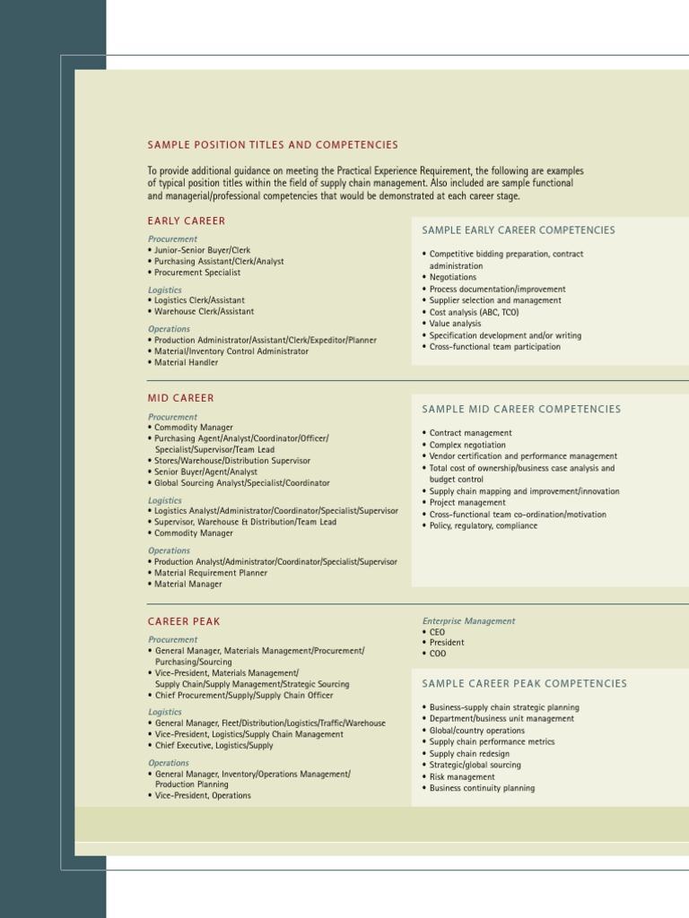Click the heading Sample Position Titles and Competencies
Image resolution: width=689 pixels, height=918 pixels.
[x=273, y=145]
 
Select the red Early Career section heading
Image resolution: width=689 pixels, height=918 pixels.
[x=187, y=221]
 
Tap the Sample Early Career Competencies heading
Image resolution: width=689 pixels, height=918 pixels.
[x=519, y=230]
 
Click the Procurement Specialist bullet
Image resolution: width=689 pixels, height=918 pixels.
[x=197, y=273]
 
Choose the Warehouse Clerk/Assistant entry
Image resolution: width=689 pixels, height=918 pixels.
[x=204, y=312]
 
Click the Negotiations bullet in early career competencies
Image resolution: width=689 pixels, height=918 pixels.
[x=453, y=278]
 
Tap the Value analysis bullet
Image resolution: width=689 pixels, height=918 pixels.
[x=455, y=324]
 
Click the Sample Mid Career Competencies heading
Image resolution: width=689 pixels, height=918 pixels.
[x=521, y=410]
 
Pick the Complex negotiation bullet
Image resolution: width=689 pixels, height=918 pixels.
[x=467, y=445]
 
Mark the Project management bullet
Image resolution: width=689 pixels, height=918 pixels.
[x=467, y=503]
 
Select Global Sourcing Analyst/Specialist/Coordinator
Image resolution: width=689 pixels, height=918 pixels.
[x=241, y=482]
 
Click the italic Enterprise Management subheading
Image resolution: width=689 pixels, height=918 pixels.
[x=468, y=621]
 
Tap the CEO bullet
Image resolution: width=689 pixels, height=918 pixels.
[x=437, y=632]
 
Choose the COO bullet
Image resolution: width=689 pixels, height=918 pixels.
[x=437, y=654]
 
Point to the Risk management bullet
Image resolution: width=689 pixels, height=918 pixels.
[x=462, y=777]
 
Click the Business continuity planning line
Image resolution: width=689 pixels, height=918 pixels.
[x=482, y=789]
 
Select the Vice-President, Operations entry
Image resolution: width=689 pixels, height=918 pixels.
[x=203, y=796]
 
